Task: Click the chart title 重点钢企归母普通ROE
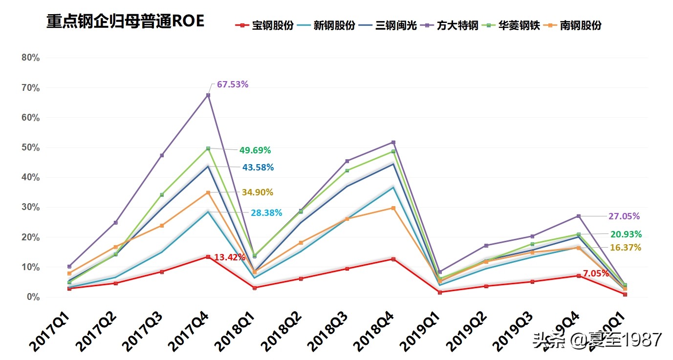[x=125, y=21]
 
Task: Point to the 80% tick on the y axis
[x=30, y=58]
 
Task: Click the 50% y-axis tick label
[x=30, y=148]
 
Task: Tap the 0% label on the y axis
[x=33, y=297]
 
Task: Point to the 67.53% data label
[x=233, y=85]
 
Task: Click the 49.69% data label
[x=255, y=150]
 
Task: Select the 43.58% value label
[x=258, y=168]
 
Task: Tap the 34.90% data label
[x=257, y=192]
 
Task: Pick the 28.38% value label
[x=267, y=213]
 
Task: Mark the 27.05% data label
[x=624, y=216]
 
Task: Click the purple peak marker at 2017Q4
[x=208, y=95]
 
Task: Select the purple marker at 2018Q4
[x=393, y=143]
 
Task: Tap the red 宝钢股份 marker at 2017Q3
[x=162, y=272]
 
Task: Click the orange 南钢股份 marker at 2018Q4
[x=393, y=208]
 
